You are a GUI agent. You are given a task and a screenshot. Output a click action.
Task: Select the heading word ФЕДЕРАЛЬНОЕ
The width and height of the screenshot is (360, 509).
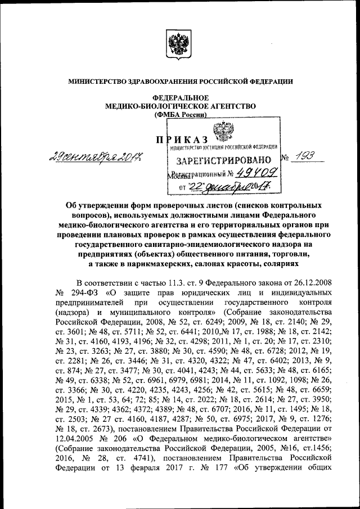click(x=181, y=97)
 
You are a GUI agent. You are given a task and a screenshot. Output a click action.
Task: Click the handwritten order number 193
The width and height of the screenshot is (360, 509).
click(x=307, y=159)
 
